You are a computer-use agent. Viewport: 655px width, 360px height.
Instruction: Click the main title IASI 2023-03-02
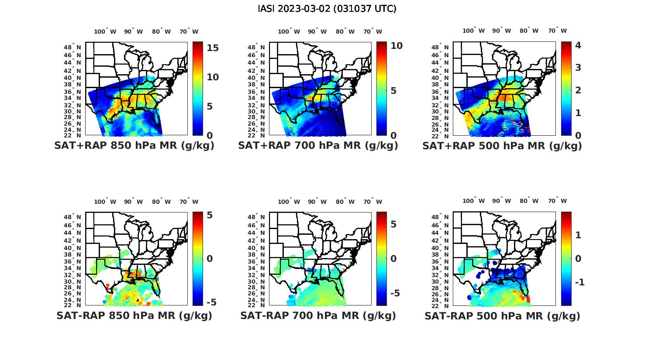(327, 9)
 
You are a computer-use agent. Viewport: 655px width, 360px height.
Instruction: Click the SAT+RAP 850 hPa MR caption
(134, 146)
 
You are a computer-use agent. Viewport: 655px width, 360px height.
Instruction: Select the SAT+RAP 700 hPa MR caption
(318, 146)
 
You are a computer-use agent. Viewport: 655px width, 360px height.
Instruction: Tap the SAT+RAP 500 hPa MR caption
(502, 146)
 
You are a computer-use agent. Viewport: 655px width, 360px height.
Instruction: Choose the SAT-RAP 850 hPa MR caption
(134, 315)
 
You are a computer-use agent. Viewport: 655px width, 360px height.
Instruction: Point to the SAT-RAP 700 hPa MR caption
(318, 315)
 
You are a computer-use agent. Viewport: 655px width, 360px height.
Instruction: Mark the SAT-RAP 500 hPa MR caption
(502, 315)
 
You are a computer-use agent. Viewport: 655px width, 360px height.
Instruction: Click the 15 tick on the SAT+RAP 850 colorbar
(213, 48)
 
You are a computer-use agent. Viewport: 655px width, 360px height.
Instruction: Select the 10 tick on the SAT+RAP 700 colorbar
(396, 45)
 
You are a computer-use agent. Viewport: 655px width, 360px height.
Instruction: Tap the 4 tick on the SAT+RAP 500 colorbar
(578, 45)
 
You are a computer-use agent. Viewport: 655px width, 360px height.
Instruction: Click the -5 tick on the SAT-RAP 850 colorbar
(211, 302)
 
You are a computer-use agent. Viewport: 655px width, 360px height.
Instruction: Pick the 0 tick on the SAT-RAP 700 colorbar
(393, 258)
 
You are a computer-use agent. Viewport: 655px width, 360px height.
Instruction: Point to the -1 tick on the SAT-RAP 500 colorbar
(580, 282)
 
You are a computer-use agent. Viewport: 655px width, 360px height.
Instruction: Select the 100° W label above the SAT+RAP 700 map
(289, 31)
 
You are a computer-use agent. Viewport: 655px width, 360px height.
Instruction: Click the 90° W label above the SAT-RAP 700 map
(317, 202)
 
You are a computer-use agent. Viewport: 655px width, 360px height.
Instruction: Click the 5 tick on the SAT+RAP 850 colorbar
(210, 106)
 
